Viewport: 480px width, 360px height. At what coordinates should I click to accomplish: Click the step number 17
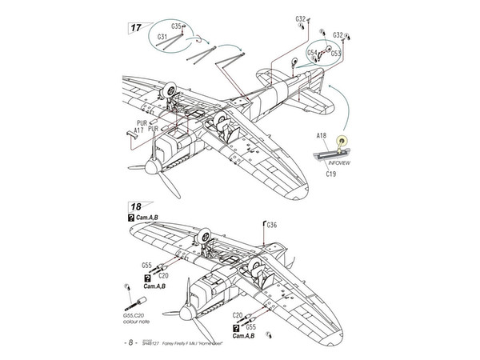[x=137, y=27]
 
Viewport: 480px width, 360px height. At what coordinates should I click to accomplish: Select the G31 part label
[x=162, y=38]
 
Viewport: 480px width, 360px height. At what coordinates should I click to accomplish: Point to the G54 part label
[x=313, y=52]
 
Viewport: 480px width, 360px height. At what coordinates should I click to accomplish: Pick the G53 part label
[x=336, y=53]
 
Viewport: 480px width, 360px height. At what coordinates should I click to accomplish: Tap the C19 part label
[x=330, y=172]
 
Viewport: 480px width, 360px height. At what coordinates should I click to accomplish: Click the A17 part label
[x=138, y=130]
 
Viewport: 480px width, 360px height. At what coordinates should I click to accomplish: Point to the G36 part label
[x=272, y=225]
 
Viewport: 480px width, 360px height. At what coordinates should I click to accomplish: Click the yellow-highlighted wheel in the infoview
[x=343, y=141]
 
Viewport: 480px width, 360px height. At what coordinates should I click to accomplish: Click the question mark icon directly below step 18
[x=130, y=218]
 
